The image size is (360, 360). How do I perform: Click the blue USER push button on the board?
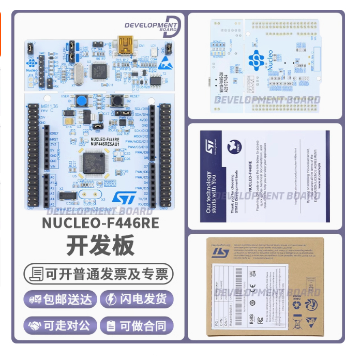coord(81,100)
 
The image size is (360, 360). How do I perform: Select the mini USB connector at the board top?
coord(125,45)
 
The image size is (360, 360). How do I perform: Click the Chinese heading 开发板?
coord(100,245)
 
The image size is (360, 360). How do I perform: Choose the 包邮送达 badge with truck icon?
coord(61,299)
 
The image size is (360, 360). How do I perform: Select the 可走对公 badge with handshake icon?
coord(60,326)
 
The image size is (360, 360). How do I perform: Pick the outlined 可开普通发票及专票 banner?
coord(99,273)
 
